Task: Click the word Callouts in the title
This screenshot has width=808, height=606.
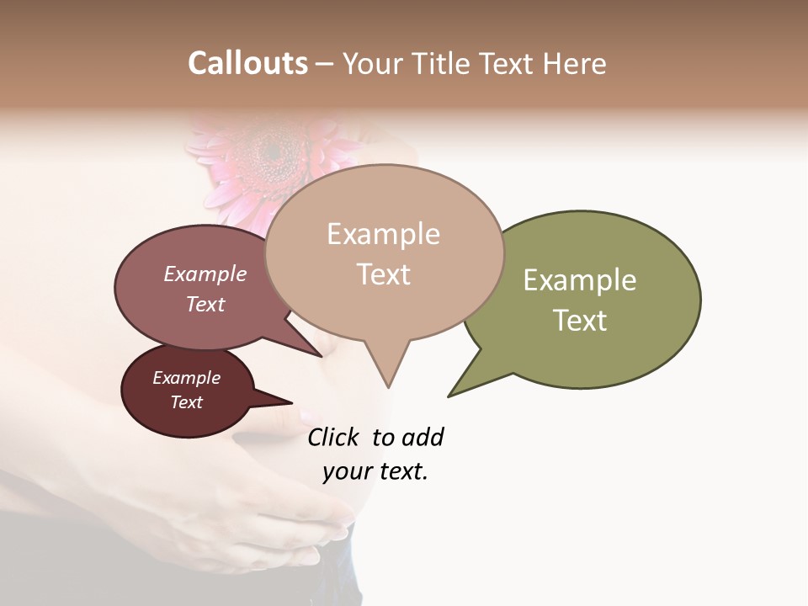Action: (x=247, y=63)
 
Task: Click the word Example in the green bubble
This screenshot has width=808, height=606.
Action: (x=580, y=280)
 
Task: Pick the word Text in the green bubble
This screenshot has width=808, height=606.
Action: (x=580, y=321)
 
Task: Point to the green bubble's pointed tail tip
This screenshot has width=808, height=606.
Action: (x=449, y=396)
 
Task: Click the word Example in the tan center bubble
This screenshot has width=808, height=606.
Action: (x=383, y=234)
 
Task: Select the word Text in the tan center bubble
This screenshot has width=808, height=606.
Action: (x=383, y=274)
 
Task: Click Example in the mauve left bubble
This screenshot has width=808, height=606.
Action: (x=205, y=274)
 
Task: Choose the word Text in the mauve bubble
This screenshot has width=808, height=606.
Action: (x=205, y=304)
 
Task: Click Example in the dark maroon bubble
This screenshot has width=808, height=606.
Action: (x=186, y=378)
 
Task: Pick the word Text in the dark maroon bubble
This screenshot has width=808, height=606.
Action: (x=186, y=402)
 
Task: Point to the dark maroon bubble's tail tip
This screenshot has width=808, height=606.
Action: (x=291, y=403)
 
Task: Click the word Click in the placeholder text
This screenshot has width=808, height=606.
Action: (x=332, y=437)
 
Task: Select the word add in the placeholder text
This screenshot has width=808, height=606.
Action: (x=423, y=437)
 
